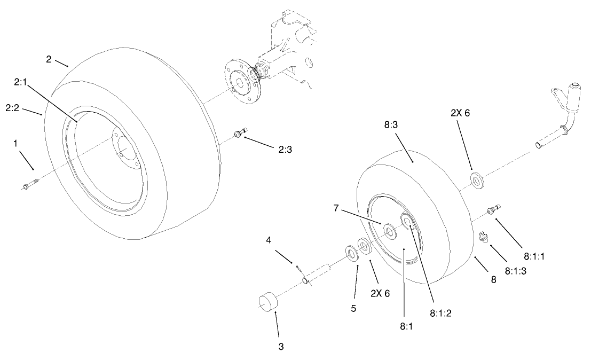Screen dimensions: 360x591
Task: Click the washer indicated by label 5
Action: click(352, 252)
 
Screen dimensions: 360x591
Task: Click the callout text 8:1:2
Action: click(440, 314)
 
